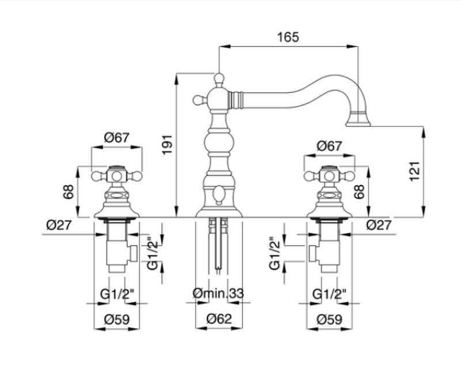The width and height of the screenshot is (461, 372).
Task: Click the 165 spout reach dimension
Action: (x=288, y=37)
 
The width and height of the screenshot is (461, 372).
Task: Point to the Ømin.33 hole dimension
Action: (x=218, y=294)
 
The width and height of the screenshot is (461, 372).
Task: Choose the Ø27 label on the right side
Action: (x=379, y=225)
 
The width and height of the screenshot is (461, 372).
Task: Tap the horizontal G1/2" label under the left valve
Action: (x=117, y=294)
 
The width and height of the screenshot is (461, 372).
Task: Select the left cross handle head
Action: (x=117, y=174)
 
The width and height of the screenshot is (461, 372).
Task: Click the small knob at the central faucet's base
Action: (x=219, y=196)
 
